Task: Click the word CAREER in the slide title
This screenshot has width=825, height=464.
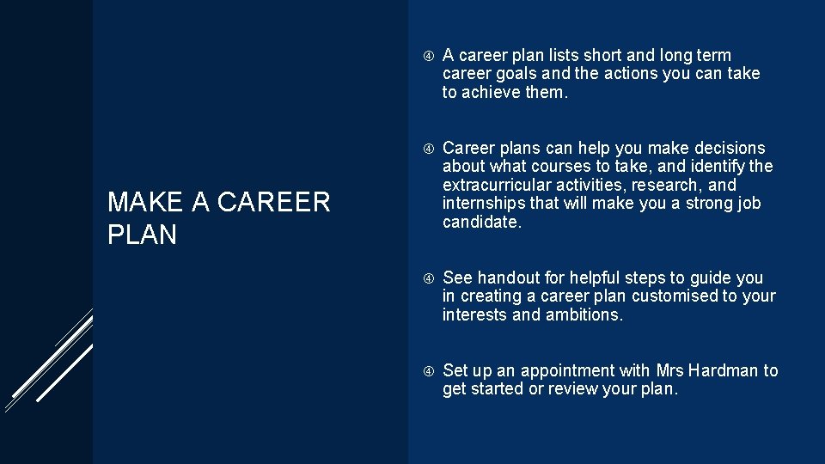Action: pos(274,203)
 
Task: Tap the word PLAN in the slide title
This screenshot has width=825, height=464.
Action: pos(142,235)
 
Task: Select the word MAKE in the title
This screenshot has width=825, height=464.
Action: pos(145,203)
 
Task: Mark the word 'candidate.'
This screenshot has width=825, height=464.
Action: pos(482,223)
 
